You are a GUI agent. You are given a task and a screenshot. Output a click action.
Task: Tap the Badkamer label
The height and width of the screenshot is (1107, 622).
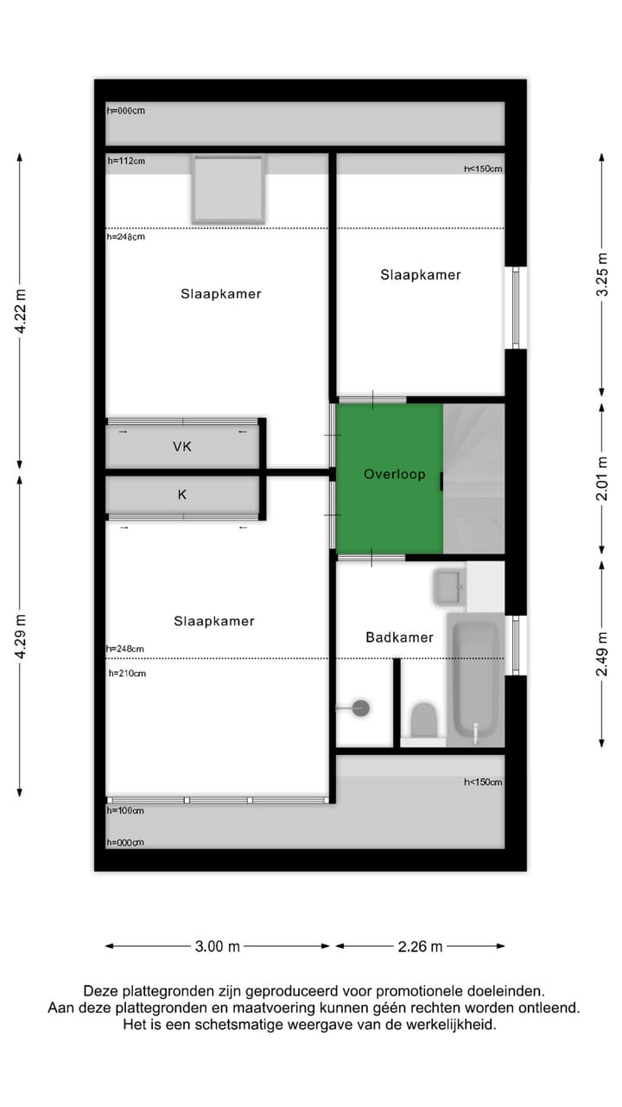coord(399,637)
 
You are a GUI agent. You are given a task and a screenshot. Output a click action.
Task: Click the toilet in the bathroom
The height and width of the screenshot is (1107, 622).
coord(423,720)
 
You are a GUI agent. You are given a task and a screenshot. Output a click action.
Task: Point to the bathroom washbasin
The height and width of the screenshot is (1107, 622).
coord(448,587)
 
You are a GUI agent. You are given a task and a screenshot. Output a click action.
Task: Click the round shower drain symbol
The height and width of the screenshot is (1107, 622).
coord(361,708)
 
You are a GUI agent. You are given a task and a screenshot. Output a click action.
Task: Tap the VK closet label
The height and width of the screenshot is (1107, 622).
coord(182,446)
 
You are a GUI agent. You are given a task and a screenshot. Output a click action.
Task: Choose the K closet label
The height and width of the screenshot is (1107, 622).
coord(182,495)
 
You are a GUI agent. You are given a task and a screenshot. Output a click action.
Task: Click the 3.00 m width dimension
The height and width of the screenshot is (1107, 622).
coord(217,946)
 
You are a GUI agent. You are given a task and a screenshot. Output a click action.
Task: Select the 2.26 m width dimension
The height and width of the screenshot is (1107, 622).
coord(420,946)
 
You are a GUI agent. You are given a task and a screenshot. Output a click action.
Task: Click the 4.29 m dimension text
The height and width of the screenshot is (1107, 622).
coord(21,637)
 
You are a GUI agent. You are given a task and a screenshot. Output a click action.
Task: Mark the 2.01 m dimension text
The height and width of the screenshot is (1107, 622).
coord(602,480)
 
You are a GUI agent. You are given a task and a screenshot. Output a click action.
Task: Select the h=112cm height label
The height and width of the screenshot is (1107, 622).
coord(126,161)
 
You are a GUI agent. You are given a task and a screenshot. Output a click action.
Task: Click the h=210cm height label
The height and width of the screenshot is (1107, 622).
coord(127,673)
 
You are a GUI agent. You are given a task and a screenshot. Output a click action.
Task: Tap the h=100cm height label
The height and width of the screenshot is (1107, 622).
coord(125,810)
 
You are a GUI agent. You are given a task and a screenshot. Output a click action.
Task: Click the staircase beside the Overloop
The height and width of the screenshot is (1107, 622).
coord(474,478)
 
